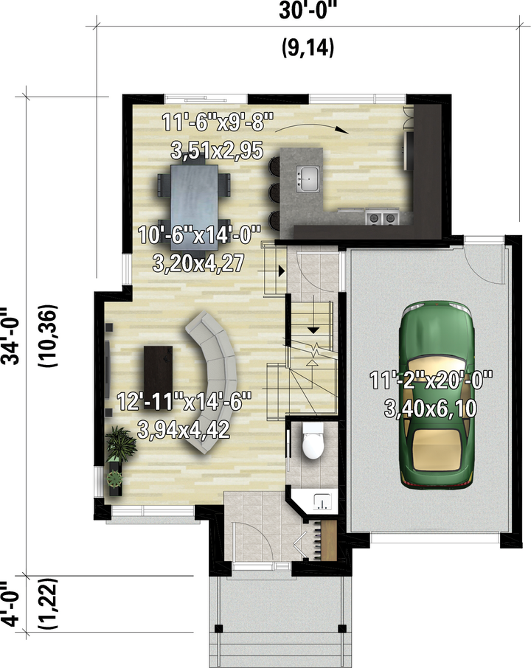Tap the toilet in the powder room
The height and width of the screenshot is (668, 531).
pyautogui.click(x=313, y=441)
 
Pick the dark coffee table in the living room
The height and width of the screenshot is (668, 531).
pyautogui.click(x=158, y=375)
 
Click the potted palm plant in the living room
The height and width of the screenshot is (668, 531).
pyautogui.click(x=121, y=445)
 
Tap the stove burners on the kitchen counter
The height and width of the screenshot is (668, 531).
pyautogui.click(x=382, y=218)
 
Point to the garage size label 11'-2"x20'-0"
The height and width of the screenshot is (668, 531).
pyautogui.click(x=431, y=380)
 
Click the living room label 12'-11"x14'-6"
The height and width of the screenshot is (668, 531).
pyautogui.click(x=184, y=401)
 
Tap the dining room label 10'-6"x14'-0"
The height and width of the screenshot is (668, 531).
pyautogui.click(x=199, y=234)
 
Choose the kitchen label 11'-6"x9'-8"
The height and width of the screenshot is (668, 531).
pyautogui.click(x=218, y=122)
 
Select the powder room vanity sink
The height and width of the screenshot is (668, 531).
pyautogui.click(x=322, y=501)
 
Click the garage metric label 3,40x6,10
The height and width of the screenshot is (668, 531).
pyautogui.click(x=431, y=408)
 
